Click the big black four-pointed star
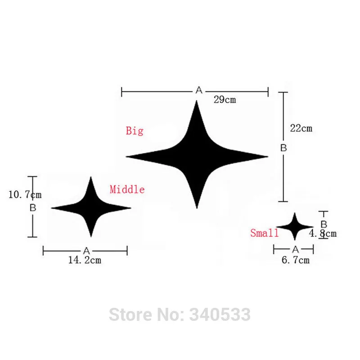197,156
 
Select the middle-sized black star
91,208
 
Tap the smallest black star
295,227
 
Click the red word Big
135,131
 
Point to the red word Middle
127,189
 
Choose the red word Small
264,233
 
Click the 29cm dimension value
225,100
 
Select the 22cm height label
301,128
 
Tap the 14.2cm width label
85,260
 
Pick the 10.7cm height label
25,195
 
